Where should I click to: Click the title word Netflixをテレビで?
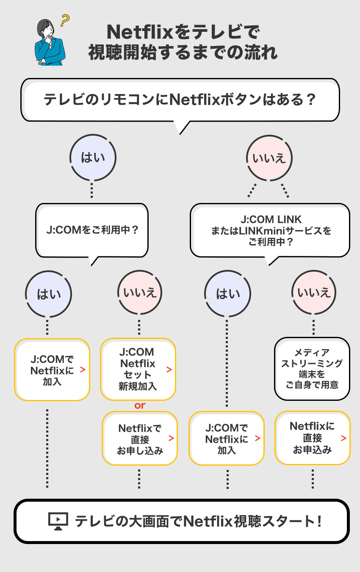tap(183, 32)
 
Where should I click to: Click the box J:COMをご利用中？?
tap(92, 230)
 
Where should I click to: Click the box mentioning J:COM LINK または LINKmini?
tap(270, 231)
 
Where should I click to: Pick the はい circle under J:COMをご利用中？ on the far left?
tap(49, 294)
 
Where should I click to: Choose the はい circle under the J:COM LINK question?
tap(228, 294)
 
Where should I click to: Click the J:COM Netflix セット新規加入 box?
tap(138, 369)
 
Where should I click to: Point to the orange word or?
tap(140, 405)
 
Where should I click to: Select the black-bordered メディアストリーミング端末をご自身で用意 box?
tap(312, 369)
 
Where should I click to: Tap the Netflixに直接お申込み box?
tap(312, 438)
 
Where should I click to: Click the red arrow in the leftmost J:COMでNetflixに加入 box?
tap(83, 370)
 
